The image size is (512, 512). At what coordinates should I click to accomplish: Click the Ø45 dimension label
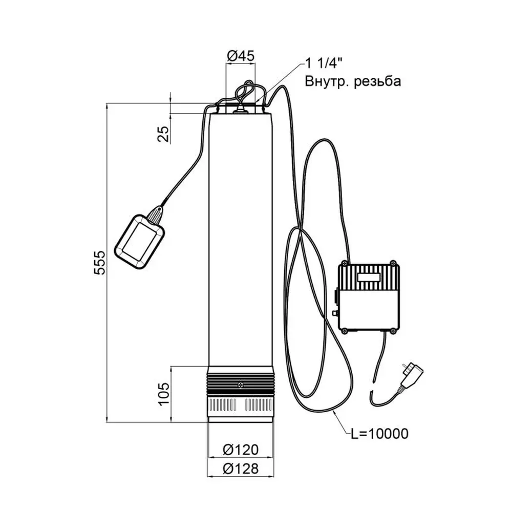pos(240,56)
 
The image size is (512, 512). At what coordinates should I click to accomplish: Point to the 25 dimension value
pos(163,134)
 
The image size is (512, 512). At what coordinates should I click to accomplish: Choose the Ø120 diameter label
pos(241,450)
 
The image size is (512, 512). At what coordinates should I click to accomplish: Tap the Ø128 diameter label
pos(241,468)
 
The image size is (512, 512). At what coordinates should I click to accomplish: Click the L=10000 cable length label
pos(379,434)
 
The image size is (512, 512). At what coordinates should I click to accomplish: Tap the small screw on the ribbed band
pos(240,384)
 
